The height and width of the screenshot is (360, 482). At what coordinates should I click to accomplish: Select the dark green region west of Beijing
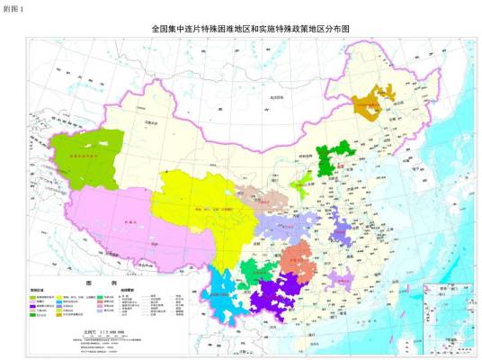click(335, 157)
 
